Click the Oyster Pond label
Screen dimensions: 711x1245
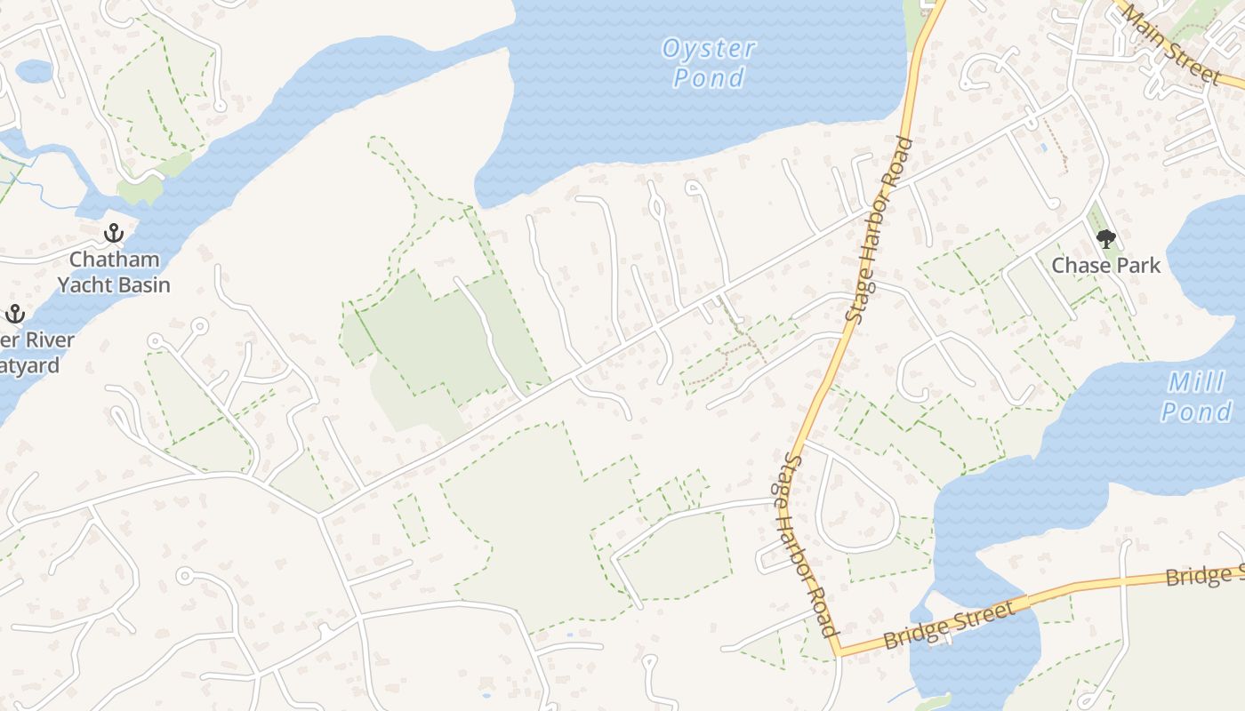[x=709, y=63]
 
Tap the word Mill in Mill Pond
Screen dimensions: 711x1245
[x=1195, y=383]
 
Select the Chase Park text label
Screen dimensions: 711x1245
[x=1105, y=265]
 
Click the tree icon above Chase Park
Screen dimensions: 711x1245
[x=1105, y=238]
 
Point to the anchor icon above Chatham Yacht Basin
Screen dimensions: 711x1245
[x=113, y=234]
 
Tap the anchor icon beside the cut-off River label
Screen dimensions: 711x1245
[x=14, y=314]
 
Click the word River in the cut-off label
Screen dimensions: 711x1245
[x=44, y=340]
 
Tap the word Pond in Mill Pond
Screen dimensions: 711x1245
[x=1196, y=412]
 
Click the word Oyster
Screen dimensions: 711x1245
[x=709, y=49]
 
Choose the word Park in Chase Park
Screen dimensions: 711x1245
[x=1134, y=265]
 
